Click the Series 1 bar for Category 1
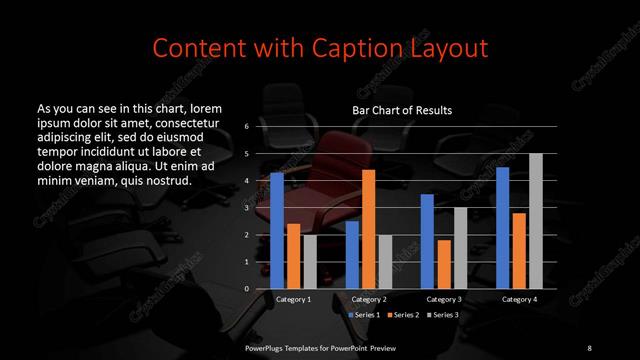point(277,230)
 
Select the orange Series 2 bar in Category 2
point(368,229)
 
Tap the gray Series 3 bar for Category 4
point(535,221)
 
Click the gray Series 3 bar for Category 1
point(309,261)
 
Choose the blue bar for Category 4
point(503,227)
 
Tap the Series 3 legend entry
point(443,314)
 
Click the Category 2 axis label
point(369,299)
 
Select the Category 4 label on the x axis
point(519,299)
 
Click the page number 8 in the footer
point(589,347)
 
